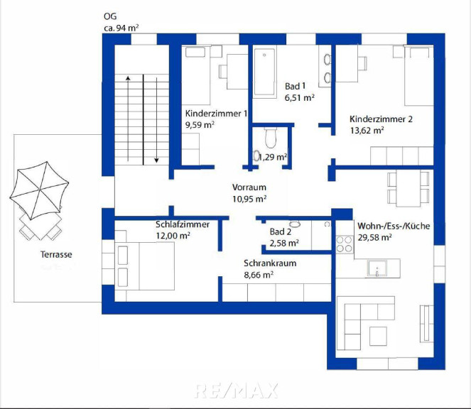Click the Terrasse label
coord(56,255)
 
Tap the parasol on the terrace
coord(39,190)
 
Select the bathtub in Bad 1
coord(264,72)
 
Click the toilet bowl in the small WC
coord(271,138)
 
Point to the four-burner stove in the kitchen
coord(345,244)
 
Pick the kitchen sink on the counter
coord(377,268)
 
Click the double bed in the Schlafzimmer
coord(144,266)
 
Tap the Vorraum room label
coord(249,187)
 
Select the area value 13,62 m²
coord(367,131)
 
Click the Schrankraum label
coord(270,263)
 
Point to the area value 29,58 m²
coord(374,238)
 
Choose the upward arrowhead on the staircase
coord(128,78)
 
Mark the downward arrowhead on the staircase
coord(156,160)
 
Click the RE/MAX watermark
coord(237,391)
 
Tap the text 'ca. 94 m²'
coord(121,28)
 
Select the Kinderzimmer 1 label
coord(216,114)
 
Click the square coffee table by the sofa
coord(378,336)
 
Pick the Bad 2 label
coord(281,231)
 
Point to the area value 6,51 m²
coord(300,98)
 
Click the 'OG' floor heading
coord(110,16)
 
